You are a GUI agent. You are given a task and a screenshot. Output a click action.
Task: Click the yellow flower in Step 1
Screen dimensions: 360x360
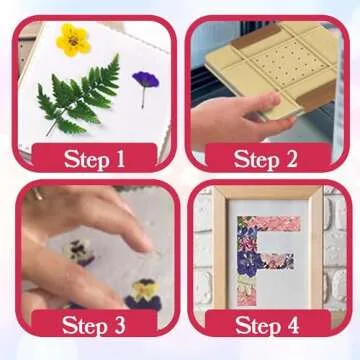click(72, 39)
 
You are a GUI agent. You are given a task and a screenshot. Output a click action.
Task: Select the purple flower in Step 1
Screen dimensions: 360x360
click(146, 79)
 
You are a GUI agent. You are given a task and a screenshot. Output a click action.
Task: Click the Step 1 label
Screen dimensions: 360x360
click(95, 158)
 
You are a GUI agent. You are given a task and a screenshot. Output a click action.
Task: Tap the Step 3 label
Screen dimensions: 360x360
click(95, 324)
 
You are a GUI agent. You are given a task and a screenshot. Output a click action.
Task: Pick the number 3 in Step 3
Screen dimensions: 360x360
click(121, 324)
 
